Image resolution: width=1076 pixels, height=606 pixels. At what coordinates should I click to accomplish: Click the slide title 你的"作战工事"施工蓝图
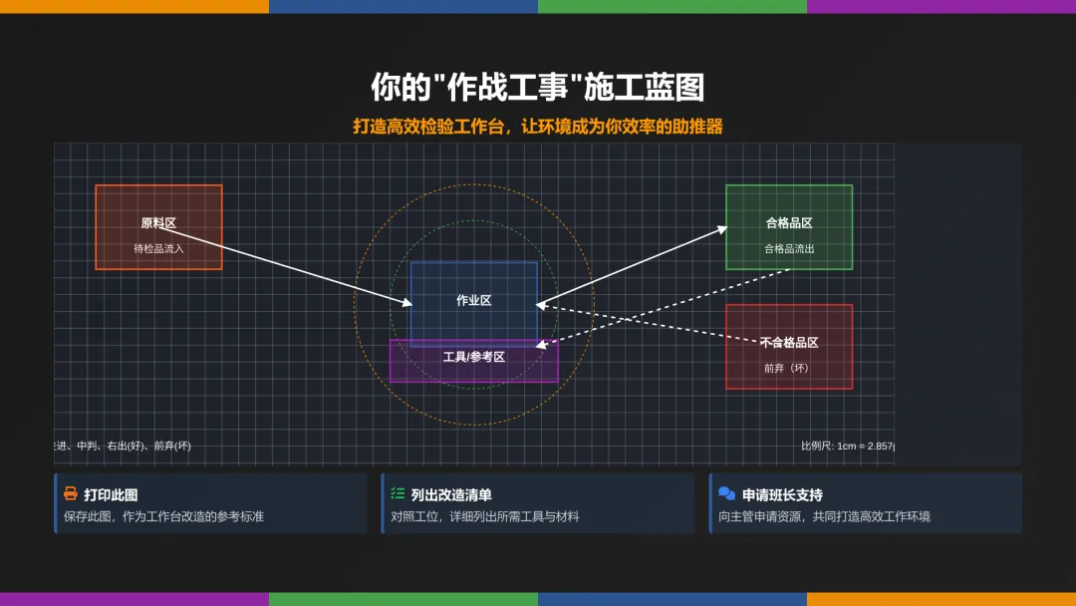click(x=538, y=88)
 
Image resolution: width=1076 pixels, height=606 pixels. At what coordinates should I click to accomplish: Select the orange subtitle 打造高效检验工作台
click(x=538, y=127)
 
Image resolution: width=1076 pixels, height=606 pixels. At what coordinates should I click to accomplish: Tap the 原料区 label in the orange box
click(x=158, y=223)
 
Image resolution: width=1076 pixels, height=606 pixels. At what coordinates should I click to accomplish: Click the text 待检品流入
click(x=158, y=248)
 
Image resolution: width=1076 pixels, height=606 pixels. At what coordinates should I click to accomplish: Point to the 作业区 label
click(x=474, y=300)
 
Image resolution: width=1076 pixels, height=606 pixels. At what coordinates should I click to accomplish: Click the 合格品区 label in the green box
click(x=789, y=223)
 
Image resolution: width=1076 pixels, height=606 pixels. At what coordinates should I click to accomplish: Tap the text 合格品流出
click(x=789, y=248)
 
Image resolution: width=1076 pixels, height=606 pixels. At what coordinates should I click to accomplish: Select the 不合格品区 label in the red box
click(x=789, y=342)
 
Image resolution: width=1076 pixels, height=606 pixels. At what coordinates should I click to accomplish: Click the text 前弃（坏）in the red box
click(x=789, y=368)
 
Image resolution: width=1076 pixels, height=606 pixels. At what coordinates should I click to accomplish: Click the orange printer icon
click(x=71, y=494)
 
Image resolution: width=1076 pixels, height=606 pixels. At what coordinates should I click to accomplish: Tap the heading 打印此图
click(x=111, y=494)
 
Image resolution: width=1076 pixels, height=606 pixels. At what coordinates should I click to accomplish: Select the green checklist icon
click(x=399, y=494)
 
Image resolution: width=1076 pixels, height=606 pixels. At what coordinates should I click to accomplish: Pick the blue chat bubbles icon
click(x=727, y=494)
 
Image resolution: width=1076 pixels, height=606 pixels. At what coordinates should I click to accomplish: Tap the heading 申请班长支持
click(x=782, y=494)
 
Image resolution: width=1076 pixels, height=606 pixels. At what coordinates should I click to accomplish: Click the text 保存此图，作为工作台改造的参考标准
click(x=163, y=516)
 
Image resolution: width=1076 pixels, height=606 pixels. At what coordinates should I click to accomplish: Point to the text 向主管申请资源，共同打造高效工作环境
click(x=824, y=516)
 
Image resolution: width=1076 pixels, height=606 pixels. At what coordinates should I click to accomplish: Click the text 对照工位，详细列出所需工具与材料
click(x=485, y=516)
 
